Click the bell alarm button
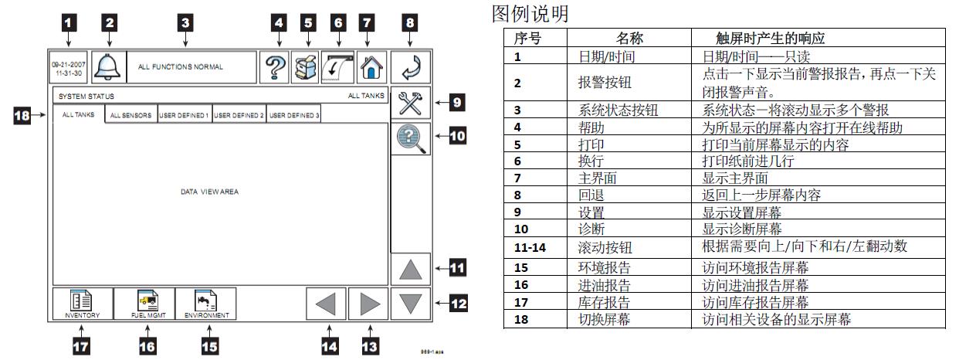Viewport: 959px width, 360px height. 108,67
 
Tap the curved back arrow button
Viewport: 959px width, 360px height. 409,67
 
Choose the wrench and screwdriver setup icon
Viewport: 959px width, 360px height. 409,104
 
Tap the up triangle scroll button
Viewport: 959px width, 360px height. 409,270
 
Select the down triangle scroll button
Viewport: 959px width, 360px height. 409,304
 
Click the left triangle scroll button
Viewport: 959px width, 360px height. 325,304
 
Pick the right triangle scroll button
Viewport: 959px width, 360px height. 367,304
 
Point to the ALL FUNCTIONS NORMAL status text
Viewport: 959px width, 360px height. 181,67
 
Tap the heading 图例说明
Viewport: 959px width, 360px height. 530,14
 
